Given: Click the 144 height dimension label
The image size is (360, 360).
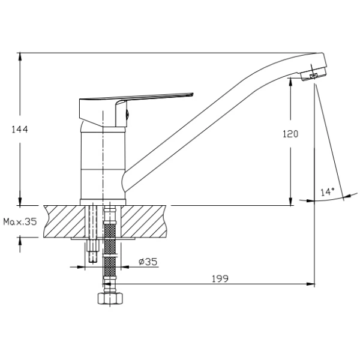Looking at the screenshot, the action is coord(20,129).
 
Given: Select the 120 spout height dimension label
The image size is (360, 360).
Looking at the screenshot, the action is coord(290,134).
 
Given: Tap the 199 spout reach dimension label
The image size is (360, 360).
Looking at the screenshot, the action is coord(220,278).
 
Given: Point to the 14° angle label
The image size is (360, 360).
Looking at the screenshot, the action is coord(328,192).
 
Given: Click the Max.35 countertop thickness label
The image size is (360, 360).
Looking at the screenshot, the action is coord(20,222).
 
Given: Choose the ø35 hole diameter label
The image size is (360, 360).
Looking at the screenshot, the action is coord(148,262).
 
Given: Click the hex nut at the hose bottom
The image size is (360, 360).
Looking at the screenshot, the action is coord(110,298).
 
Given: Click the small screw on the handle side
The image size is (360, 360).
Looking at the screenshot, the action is coord(128,114).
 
